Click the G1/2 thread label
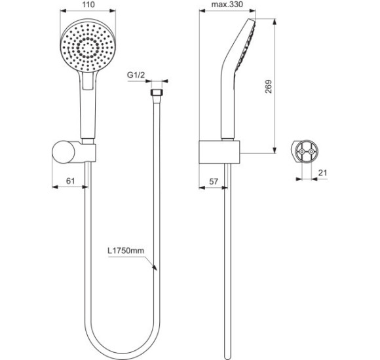tap(136, 76)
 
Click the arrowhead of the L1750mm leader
tap(155, 266)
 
